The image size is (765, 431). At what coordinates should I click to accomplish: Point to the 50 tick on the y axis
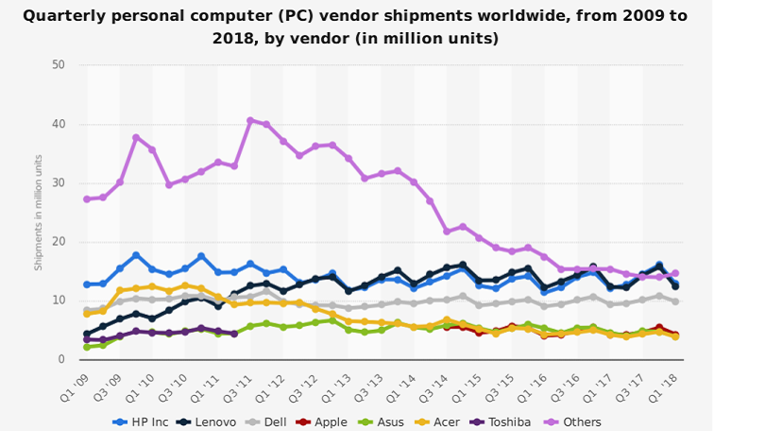(x=59, y=65)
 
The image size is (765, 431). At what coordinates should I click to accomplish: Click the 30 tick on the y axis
(x=59, y=183)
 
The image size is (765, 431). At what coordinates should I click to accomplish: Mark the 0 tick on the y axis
(x=61, y=360)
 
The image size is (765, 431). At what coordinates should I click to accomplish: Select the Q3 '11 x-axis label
(x=239, y=384)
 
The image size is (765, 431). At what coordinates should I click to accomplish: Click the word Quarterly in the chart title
(x=64, y=16)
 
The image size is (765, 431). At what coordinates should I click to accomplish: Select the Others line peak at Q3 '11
(x=250, y=120)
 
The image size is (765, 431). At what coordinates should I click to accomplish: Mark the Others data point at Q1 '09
(x=87, y=199)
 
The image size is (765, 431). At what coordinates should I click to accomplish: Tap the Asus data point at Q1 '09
(x=87, y=347)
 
